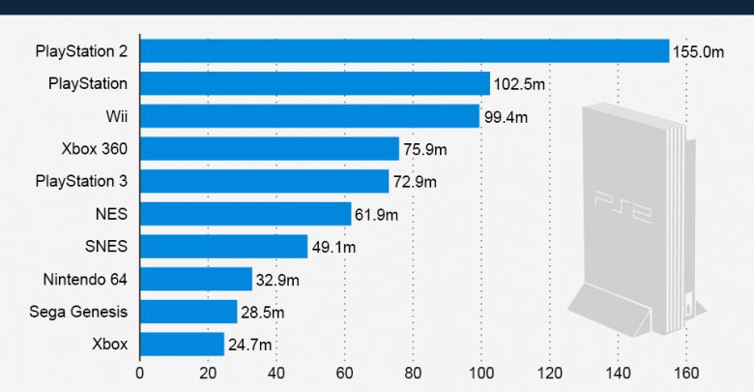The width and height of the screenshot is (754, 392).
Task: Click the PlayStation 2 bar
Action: pos(404,51)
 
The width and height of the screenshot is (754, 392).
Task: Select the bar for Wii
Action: pos(309,116)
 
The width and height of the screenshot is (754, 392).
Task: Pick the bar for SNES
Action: pos(223,246)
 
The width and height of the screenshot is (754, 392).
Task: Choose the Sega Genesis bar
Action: pos(188,312)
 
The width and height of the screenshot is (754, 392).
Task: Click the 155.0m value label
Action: pos(698,52)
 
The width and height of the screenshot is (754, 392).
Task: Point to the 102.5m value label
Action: pos(519,84)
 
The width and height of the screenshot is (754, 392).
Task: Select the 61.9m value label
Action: pos(379,214)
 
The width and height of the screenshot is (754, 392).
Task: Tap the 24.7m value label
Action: pos(252,345)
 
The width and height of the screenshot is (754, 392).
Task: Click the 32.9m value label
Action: pos(280,280)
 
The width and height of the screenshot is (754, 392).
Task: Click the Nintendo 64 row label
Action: pos(85,280)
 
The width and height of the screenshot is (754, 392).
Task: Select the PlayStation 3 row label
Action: pos(81,181)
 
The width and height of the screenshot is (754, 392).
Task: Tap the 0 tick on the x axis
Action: pos(140,373)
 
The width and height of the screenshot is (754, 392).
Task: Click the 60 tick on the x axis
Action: pos(345,373)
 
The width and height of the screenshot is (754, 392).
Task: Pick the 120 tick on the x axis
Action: pos(550,373)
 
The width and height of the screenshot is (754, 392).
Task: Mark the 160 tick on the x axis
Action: pos(686,373)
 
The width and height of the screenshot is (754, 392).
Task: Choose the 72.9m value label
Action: pos(416,182)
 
